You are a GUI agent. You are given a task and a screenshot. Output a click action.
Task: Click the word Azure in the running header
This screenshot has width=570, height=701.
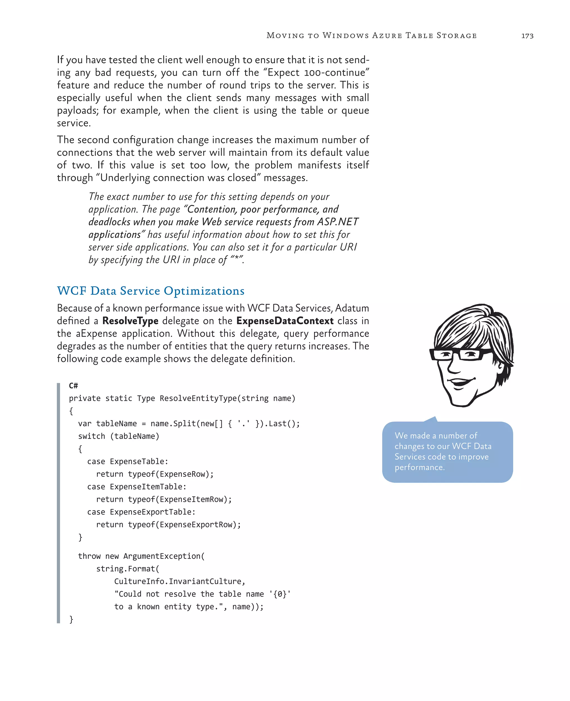387,35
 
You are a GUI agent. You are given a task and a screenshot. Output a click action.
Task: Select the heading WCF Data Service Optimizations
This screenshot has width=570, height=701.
151,291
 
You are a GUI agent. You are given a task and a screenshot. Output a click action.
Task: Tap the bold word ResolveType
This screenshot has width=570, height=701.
130,321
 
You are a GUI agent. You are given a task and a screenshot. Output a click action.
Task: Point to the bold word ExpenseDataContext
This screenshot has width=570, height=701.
285,321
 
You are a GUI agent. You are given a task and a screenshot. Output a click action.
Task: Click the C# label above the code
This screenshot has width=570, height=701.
73,386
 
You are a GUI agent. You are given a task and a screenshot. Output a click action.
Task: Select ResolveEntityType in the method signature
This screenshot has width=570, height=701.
198,398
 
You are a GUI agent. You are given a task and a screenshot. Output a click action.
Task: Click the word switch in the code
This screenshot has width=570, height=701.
92,436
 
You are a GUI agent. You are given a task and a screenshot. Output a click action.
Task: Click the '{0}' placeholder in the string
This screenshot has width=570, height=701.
280,594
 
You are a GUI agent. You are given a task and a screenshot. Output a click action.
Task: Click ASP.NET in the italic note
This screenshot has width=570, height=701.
338,222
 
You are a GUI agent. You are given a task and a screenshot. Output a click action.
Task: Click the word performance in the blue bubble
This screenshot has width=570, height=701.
419,467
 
